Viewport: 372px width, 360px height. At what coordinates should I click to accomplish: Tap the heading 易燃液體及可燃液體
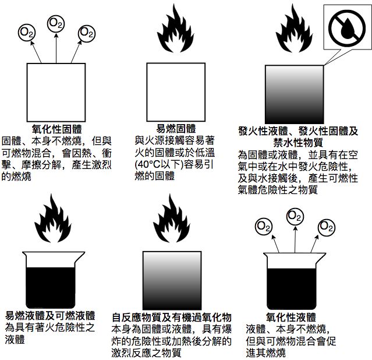click(49, 316)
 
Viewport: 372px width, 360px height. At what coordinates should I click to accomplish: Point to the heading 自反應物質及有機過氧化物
click(172, 317)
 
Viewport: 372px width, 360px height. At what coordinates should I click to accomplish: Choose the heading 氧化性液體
click(291, 317)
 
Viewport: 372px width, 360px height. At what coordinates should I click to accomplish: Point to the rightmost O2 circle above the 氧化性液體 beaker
click(324, 225)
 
